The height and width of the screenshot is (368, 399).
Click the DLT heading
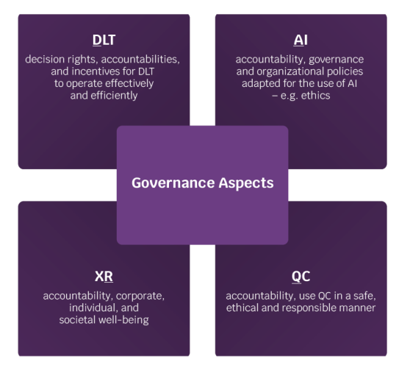104,40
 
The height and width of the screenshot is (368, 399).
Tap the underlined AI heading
301,40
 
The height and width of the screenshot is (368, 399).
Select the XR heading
104,276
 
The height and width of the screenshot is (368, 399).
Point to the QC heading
301,276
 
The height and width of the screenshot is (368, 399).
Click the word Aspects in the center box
246,183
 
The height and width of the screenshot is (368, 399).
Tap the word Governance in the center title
173,183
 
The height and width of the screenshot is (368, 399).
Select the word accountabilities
140,60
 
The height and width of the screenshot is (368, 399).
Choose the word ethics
315,96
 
